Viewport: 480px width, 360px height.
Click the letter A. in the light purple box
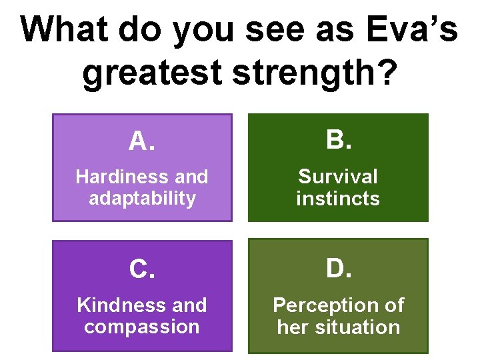tap(141, 141)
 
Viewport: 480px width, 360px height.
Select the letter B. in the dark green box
tap(338, 140)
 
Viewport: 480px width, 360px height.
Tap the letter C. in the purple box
tap(141, 269)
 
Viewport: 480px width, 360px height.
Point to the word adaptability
tap(142, 198)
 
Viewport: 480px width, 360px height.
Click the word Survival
tap(338, 177)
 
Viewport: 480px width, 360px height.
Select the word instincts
tap(338, 198)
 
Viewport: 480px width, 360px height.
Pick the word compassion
tap(142, 327)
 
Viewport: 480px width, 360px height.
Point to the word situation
tap(359, 327)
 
